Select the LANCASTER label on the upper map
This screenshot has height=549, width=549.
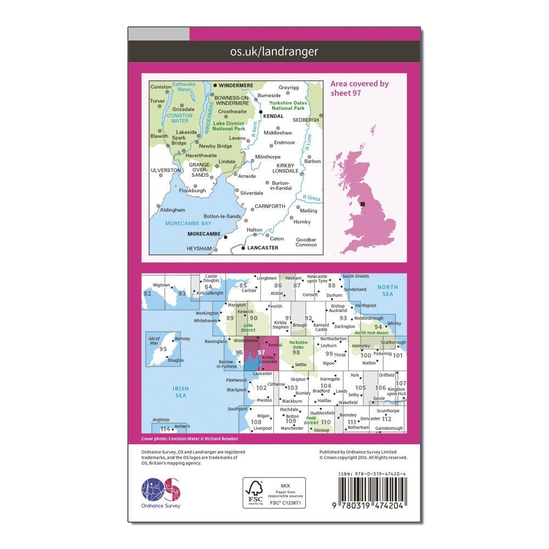pos(263,248)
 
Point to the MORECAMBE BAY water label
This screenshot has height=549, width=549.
pos(187,223)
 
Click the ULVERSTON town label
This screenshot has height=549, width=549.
pos(165,171)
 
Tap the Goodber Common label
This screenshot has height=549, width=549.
pos(306,242)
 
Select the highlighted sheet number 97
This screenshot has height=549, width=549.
pos(261,353)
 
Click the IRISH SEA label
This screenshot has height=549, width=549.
pos(176,391)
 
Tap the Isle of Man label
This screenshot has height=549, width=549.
pos(154,339)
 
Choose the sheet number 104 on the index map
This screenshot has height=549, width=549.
pos(326,386)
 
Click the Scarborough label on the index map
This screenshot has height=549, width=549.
pos(391,342)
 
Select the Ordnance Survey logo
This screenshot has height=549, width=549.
pos(161,492)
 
